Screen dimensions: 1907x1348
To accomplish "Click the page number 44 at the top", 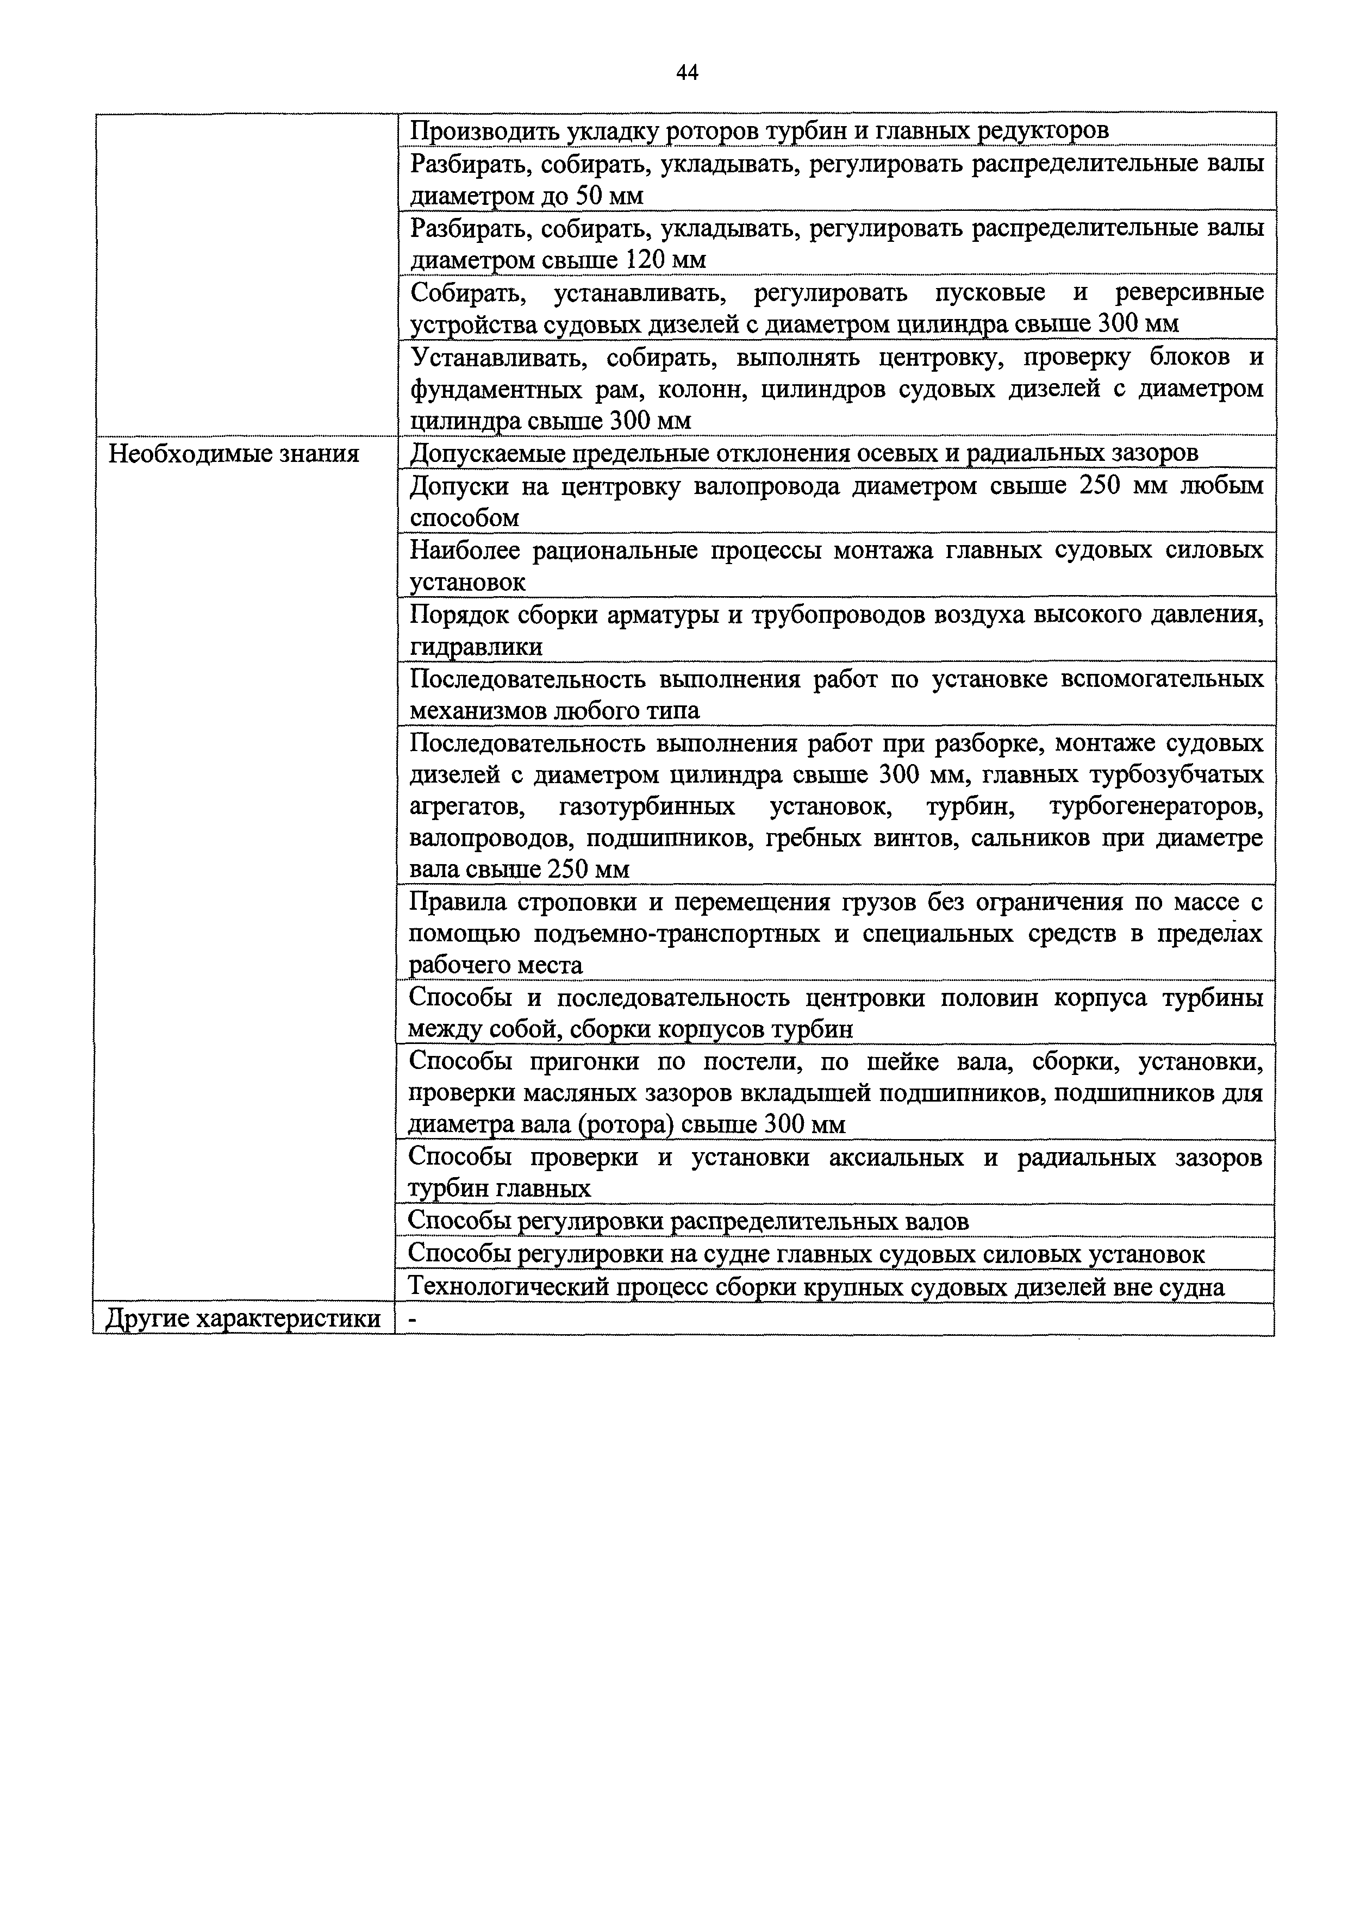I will coord(687,73).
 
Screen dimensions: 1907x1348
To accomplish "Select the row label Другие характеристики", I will coord(244,1318).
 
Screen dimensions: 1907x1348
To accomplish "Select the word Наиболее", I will coord(465,550).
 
